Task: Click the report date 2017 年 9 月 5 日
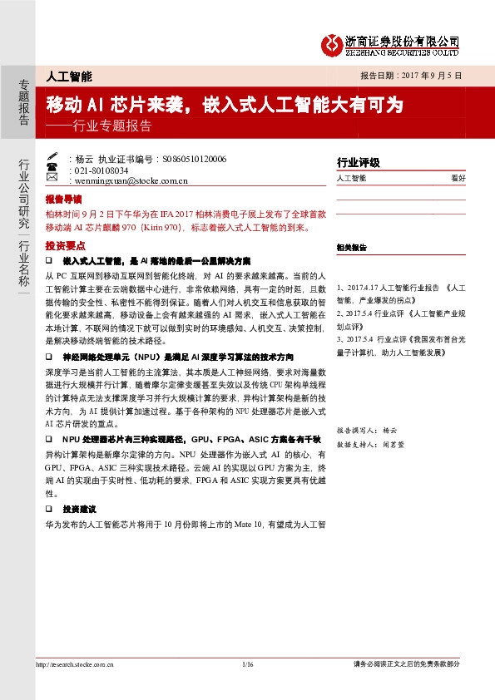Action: [423, 75]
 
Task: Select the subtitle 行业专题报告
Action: [112, 127]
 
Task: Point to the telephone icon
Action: [52, 168]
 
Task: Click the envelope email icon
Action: [52, 179]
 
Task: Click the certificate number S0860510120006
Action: [194, 158]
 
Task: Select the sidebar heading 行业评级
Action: [358, 162]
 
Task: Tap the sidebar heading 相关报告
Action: [352, 248]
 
